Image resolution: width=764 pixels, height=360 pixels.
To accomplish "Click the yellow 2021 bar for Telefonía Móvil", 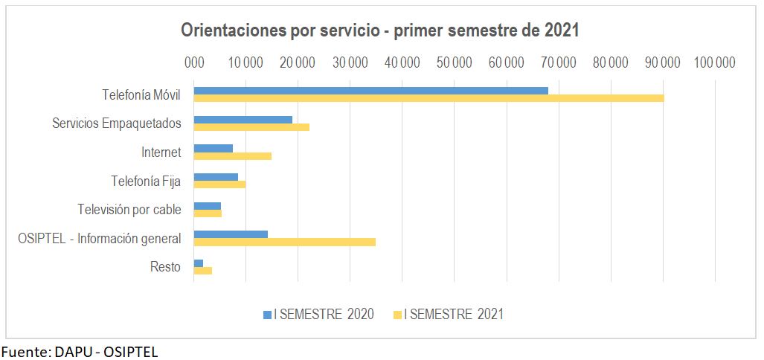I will pyautogui.click(x=428, y=98).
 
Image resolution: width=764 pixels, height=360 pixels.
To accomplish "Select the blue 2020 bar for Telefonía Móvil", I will pyautogui.click(x=370, y=91).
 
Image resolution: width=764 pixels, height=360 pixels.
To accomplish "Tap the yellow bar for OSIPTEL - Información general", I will pyautogui.click(x=284, y=242).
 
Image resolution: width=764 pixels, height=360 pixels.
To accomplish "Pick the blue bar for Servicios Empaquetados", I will pyautogui.click(x=243, y=120).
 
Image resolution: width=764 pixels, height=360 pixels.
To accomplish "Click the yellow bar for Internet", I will pyautogui.click(x=232, y=155).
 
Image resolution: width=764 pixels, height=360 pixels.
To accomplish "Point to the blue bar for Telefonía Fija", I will pyautogui.click(x=216, y=177).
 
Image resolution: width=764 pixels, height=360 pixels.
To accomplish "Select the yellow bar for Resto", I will pyautogui.click(x=202, y=271).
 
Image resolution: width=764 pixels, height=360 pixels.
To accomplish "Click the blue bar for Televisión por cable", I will pyautogui.click(x=207, y=206).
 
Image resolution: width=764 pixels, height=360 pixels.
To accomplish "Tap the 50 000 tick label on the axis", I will pyautogui.click(x=455, y=62).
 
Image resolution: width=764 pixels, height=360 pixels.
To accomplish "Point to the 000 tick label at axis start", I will pyautogui.click(x=194, y=62).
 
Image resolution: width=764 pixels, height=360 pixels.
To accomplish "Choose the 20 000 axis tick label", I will pyautogui.click(x=298, y=62).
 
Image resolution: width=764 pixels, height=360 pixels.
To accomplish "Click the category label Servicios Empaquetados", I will pyautogui.click(x=116, y=123).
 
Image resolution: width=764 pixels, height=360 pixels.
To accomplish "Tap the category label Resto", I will pyautogui.click(x=165, y=266).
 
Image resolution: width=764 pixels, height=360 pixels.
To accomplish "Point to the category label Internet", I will pyautogui.click(x=161, y=152).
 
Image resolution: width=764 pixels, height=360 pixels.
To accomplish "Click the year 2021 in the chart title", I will pyautogui.click(x=561, y=30).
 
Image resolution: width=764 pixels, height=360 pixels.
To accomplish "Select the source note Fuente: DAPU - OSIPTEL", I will pyautogui.click(x=80, y=352).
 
